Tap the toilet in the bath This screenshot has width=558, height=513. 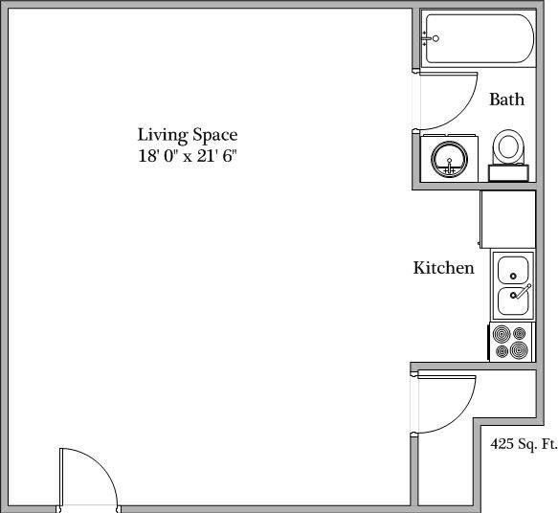click(509, 150)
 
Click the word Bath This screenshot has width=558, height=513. click(506, 99)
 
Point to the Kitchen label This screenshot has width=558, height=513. click(443, 268)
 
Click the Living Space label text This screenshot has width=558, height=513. click(187, 135)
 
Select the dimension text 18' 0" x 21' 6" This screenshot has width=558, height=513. click(187, 155)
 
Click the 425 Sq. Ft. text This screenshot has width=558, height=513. click(523, 444)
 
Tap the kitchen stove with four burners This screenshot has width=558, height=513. click(510, 342)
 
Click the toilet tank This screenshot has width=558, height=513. click(508, 173)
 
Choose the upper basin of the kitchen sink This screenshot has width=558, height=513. click(513, 268)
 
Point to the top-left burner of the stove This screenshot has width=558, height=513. click(502, 333)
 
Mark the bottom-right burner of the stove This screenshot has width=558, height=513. click(520, 350)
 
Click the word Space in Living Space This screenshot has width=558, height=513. click(212, 135)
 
